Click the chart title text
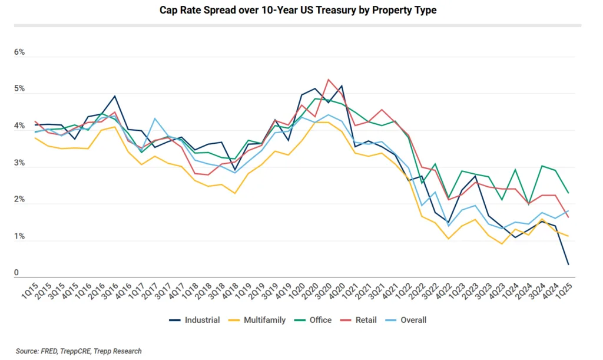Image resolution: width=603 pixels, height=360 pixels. coord(298,11)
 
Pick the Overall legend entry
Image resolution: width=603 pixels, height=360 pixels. coord(413,320)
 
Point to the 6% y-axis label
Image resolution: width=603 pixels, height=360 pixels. coord(20,52)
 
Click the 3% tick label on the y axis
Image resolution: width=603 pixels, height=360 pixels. coord(20,163)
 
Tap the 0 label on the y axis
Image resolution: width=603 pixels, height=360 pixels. coord(17,273)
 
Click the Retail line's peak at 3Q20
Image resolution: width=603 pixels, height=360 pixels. coord(329,80)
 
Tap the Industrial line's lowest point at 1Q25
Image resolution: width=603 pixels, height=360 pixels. coord(568,264)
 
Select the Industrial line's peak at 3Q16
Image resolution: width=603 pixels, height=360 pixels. coord(115,96)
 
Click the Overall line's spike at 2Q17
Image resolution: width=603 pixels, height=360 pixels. coord(155,118)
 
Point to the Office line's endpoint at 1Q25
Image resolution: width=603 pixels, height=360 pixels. coord(568,193)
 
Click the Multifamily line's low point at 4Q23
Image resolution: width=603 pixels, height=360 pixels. coord(502,243)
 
